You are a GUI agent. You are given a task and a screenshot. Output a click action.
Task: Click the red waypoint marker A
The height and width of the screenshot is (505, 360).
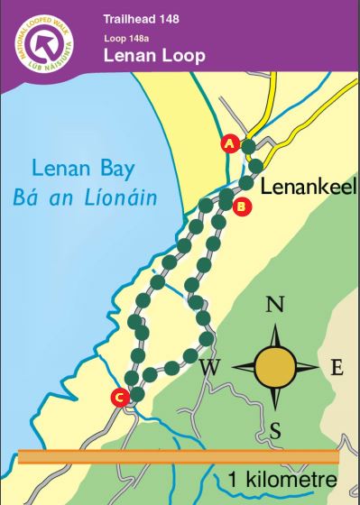coord(229,143)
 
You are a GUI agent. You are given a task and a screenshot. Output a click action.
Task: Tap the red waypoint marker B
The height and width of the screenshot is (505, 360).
coord(240,207)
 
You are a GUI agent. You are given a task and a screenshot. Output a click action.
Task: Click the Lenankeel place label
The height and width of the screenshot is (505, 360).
coord(309,187)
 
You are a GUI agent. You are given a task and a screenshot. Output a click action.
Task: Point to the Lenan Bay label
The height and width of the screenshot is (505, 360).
coord(92,169)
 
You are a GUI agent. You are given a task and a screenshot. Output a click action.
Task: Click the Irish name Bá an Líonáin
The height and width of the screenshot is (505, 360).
coord(92,197)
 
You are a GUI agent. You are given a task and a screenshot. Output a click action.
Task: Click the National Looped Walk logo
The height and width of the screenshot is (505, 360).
coord(42,42)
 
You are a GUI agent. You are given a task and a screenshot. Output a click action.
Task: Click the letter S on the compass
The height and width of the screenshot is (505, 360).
coord(276,432)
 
